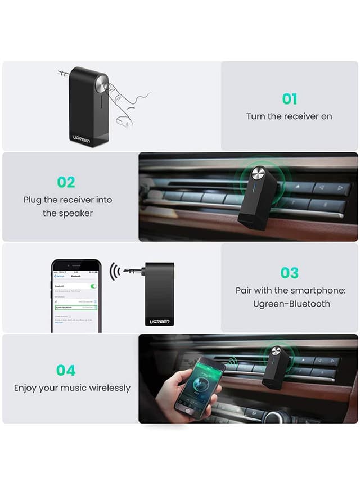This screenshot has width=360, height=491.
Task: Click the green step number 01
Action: click(289, 99)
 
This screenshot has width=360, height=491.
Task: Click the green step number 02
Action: click(66, 182)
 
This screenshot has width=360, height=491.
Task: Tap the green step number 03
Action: click(289, 273)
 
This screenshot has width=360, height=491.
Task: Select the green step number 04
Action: click(66, 370)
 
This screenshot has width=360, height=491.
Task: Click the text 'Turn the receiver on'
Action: click(289, 116)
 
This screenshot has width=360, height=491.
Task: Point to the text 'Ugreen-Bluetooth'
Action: click(290, 304)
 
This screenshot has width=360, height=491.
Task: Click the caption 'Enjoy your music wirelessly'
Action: click(72, 388)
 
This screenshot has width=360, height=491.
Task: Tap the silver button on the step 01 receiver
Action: click(102, 85)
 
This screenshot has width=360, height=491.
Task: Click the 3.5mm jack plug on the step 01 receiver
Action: click(63, 73)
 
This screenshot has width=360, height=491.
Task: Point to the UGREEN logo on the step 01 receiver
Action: click(82, 138)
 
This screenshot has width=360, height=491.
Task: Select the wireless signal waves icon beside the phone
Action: click(115, 271)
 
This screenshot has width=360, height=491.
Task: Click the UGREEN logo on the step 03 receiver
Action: click(160, 321)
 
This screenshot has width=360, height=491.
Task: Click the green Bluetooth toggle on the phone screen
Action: click(93, 286)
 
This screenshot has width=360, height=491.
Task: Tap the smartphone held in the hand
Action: click(200, 387)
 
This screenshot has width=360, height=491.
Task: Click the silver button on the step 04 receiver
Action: click(276, 351)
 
